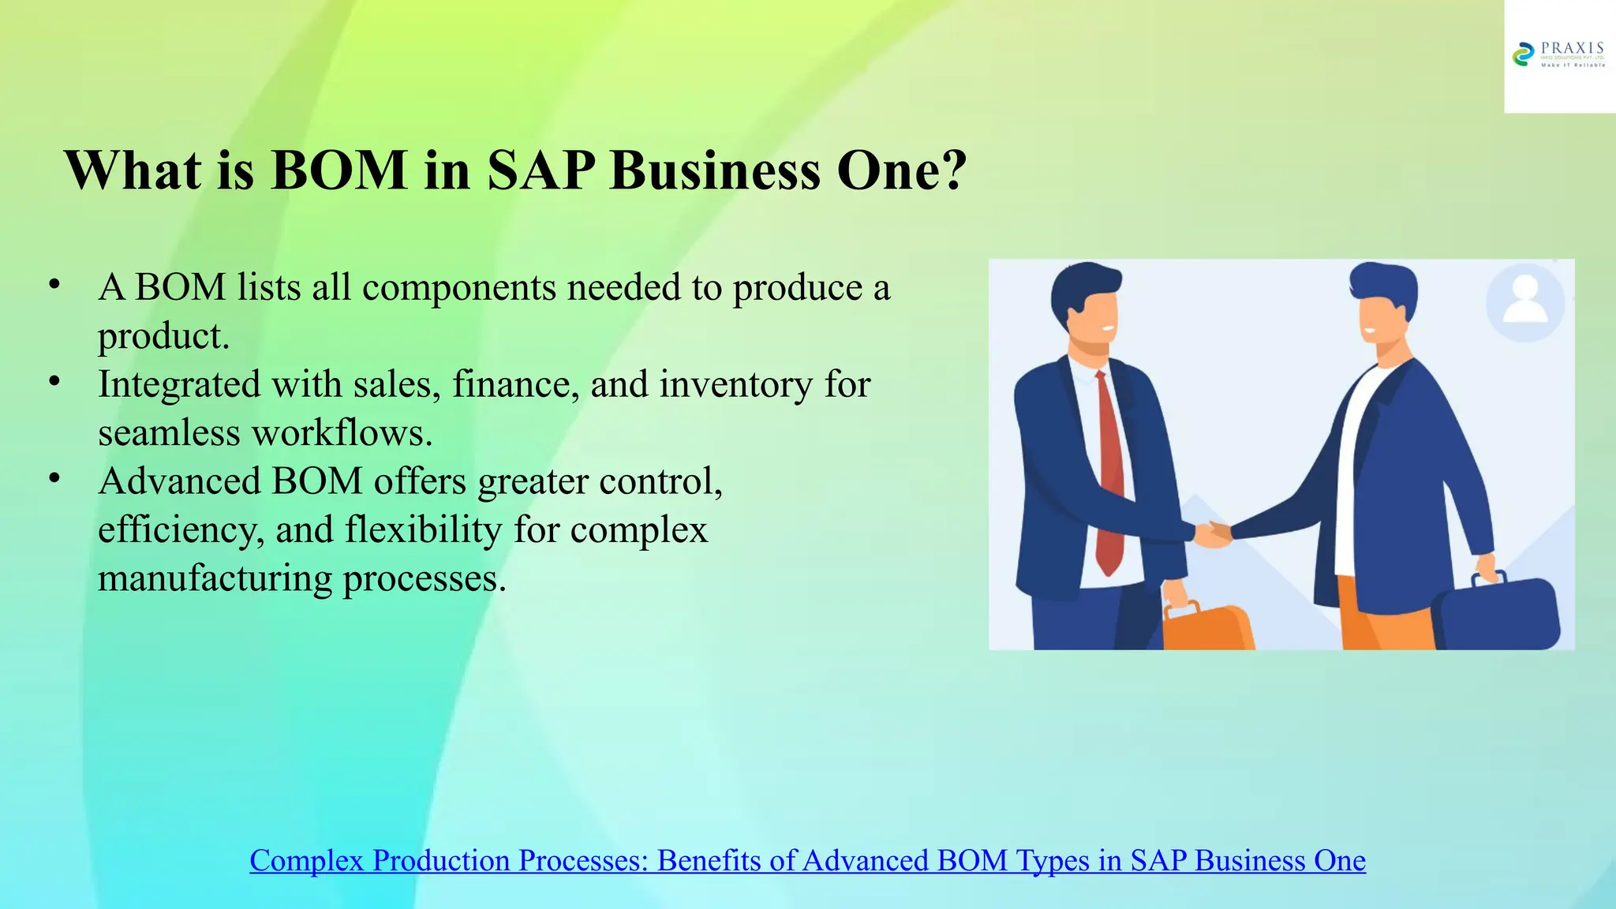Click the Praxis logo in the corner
[x=1558, y=55]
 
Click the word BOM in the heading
[x=339, y=170]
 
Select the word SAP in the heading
[x=541, y=170]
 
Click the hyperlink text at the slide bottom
[x=807, y=860]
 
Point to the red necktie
[x=1109, y=473]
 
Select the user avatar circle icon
[x=1525, y=302]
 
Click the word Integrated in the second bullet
[x=179, y=385]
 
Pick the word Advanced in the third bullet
[x=179, y=481]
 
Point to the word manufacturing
[x=215, y=578]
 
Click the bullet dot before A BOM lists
[x=54, y=285]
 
